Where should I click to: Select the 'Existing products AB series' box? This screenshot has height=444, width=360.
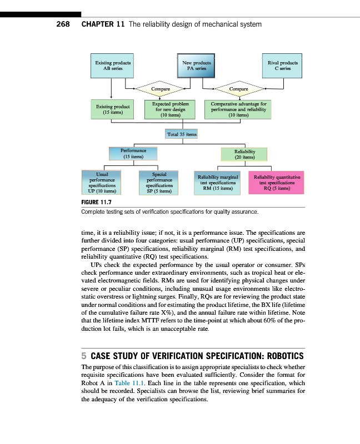(113, 66)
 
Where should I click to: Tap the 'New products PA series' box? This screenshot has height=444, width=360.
(197, 66)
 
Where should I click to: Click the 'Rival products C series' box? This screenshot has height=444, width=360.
(282, 66)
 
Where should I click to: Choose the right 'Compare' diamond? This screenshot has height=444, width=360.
(238, 89)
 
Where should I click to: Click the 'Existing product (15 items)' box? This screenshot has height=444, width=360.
(113, 109)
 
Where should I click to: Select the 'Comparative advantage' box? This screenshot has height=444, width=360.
(239, 109)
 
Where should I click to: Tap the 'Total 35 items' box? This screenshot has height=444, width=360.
(182, 134)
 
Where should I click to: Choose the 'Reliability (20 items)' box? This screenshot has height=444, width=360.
(244, 154)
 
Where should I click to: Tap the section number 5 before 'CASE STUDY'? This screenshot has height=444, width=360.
(84, 356)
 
